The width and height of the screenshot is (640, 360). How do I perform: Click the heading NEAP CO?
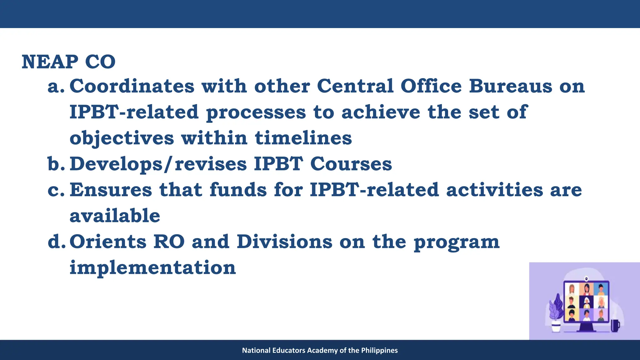coord(68,62)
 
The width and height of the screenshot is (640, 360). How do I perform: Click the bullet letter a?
coord(55,87)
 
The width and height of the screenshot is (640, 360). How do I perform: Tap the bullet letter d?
coord(56,242)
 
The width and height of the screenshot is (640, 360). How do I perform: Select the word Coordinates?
coord(132,86)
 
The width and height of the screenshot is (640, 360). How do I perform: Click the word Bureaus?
coord(511,86)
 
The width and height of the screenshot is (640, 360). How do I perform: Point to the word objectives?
coord(122,138)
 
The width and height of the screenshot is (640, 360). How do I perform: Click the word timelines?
coord(303,138)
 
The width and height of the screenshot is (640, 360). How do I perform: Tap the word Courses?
coord(351,164)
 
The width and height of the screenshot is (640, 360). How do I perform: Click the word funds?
coord(238,190)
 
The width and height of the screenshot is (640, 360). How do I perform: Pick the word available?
coord(115,216)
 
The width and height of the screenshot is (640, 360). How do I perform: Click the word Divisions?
coord(284,242)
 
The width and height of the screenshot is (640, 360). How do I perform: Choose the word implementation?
coord(152,268)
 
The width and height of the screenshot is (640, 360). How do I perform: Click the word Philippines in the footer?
coord(379,350)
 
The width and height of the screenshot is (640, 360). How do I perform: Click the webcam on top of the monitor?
coord(587,278)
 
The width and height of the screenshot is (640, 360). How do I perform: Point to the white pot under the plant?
coord(556,327)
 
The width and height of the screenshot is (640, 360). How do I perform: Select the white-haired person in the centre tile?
coord(587,302)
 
